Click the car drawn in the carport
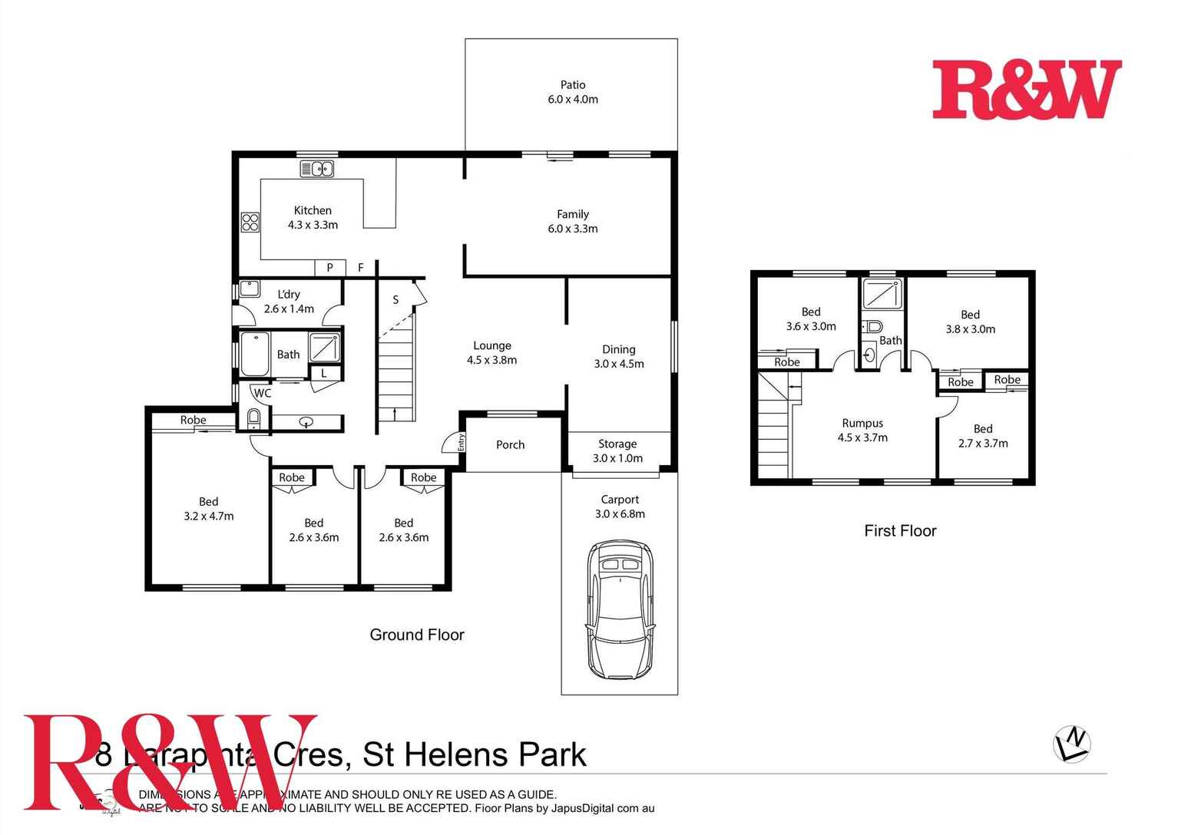pos(620,610)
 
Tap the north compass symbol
pos(1072,744)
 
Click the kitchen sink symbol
pos(316,169)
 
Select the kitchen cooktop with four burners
pos(250,223)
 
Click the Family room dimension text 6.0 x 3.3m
pos(573,229)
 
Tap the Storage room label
pos(617,444)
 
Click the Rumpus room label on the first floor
pos(862,423)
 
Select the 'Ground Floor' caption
pos(417,635)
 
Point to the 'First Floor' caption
pos(900,530)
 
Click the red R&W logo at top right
pos(1027,90)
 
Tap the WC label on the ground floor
pos(263,393)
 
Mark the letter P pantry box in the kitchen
pos(329,268)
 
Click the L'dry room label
pos(289,294)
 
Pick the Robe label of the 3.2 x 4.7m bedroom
pos(194,420)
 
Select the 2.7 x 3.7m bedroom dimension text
pos(983,443)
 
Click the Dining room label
pos(619,349)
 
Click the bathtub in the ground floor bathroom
pos(254,354)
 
